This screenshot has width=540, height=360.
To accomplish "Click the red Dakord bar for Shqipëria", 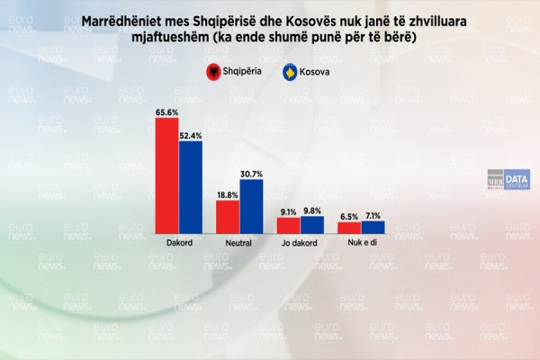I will tap(166, 176).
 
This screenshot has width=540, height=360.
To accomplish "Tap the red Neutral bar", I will tap(228, 217).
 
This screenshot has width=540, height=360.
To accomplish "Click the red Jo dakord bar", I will tap(288, 226).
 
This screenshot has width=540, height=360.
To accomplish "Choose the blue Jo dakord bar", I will tap(311, 225).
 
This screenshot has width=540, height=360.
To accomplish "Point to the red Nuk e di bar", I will tap(348, 228).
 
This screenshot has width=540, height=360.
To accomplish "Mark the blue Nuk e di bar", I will tap(372, 228).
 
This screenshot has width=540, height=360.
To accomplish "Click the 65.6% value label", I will tap(166, 112).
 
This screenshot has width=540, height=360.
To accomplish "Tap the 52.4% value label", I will tap(191, 135).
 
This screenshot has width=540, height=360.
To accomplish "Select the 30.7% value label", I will tap(251, 174).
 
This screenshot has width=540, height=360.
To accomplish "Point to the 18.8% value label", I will tap(227, 194).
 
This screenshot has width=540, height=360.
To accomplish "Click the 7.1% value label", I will tap(373, 215).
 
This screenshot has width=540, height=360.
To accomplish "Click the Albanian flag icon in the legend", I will tap(212, 72).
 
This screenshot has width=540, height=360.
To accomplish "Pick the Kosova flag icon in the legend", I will tap(290, 72).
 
